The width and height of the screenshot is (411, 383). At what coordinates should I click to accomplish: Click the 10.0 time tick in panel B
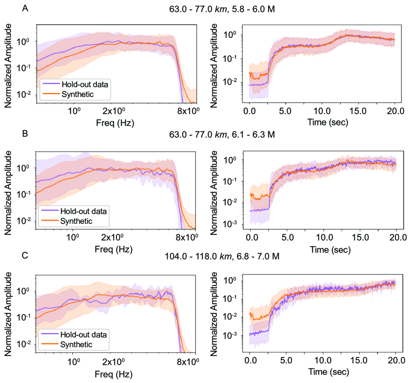[x=322, y=237]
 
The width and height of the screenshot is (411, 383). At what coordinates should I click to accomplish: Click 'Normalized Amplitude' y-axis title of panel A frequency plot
[x=9, y=65]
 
